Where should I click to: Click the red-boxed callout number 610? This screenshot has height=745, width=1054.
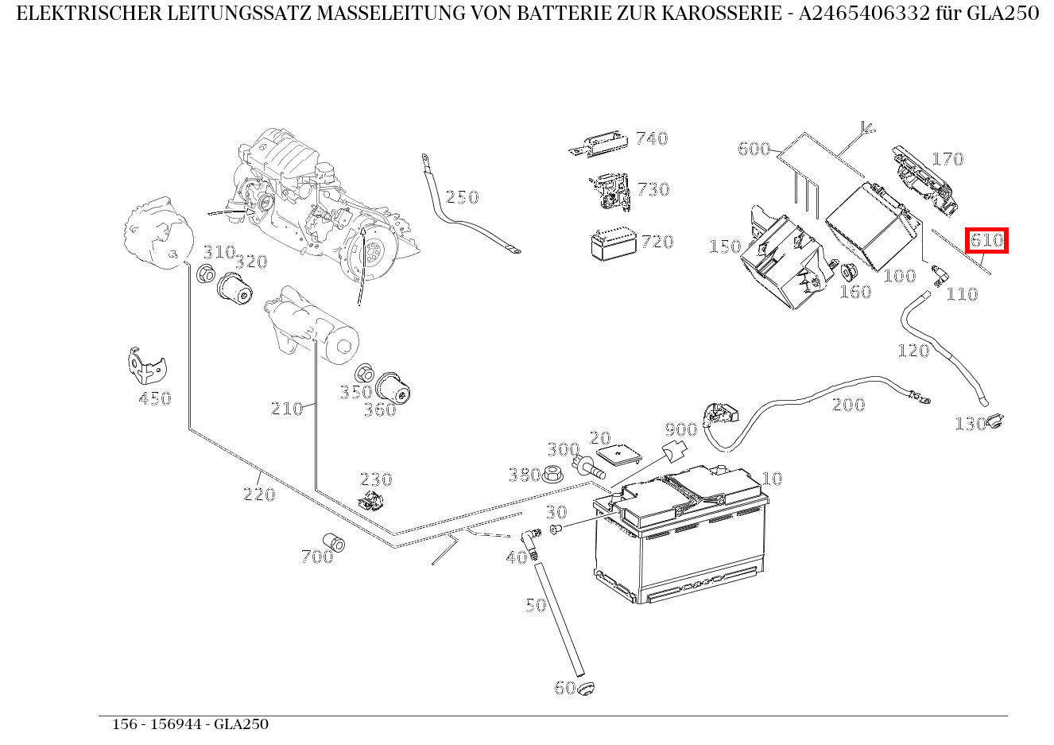(986, 240)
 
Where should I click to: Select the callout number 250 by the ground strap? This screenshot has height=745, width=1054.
(462, 197)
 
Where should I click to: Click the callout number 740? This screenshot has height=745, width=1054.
(652, 139)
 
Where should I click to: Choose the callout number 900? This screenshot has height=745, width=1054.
(680, 430)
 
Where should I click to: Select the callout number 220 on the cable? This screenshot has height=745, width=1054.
(258, 495)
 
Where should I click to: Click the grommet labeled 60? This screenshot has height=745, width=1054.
(587, 688)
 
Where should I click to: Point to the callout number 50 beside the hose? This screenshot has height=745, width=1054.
(536, 605)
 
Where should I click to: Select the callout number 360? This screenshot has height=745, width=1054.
(379, 410)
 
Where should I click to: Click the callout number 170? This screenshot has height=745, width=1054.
(947, 160)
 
